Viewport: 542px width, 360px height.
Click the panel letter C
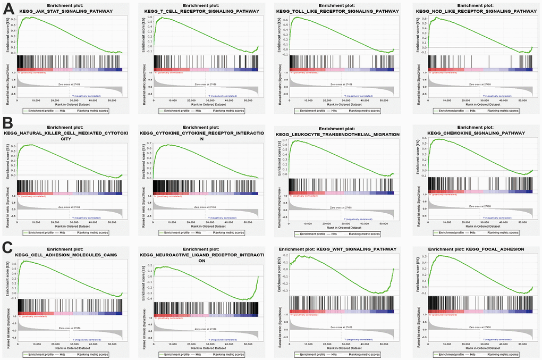pos(7,247)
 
